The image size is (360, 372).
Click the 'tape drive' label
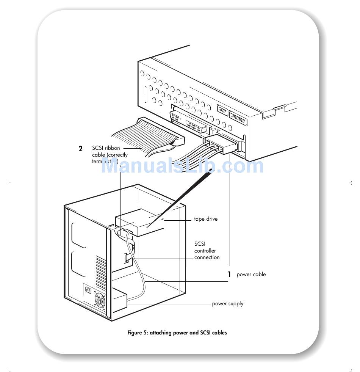[x=206, y=219]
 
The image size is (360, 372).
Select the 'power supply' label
[x=227, y=304]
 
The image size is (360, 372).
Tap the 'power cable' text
[x=251, y=275]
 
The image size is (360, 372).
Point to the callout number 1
[x=229, y=274]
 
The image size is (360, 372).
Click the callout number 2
[x=80, y=149]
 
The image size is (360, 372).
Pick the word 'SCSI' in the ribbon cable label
[x=98, y=148]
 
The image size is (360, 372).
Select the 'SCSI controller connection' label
[x=207, y=251]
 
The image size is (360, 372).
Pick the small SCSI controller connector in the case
[x=126, y=259]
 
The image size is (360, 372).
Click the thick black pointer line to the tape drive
[x=178, y=197]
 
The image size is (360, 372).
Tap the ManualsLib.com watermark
[x=182, y=166]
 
